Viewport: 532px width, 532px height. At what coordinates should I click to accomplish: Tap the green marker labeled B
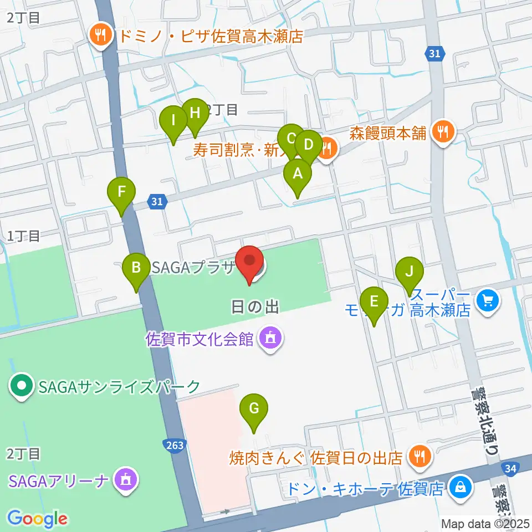tap(136, 268)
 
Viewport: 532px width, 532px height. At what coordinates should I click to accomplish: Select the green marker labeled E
tap(374, 302)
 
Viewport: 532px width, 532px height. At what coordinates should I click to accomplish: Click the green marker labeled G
tap(254, 409)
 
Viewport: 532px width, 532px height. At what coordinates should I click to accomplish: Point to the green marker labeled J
tap(410, 272)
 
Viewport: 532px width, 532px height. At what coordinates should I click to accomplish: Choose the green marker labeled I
tap(173, 121)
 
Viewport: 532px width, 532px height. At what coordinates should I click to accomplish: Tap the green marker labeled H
tap(195, 114)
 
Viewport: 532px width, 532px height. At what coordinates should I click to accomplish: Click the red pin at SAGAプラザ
tap(250, 261)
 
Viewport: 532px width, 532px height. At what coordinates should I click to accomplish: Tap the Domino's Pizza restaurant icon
tap(100, 37)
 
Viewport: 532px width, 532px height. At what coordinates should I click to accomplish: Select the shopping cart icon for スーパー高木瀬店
tap(488, 301)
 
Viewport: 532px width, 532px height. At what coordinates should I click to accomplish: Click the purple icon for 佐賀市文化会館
tap(270, 337)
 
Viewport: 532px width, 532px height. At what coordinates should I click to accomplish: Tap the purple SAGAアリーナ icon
tap(124, 478)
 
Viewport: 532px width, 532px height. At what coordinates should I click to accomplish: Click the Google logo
tap(37, 519)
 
